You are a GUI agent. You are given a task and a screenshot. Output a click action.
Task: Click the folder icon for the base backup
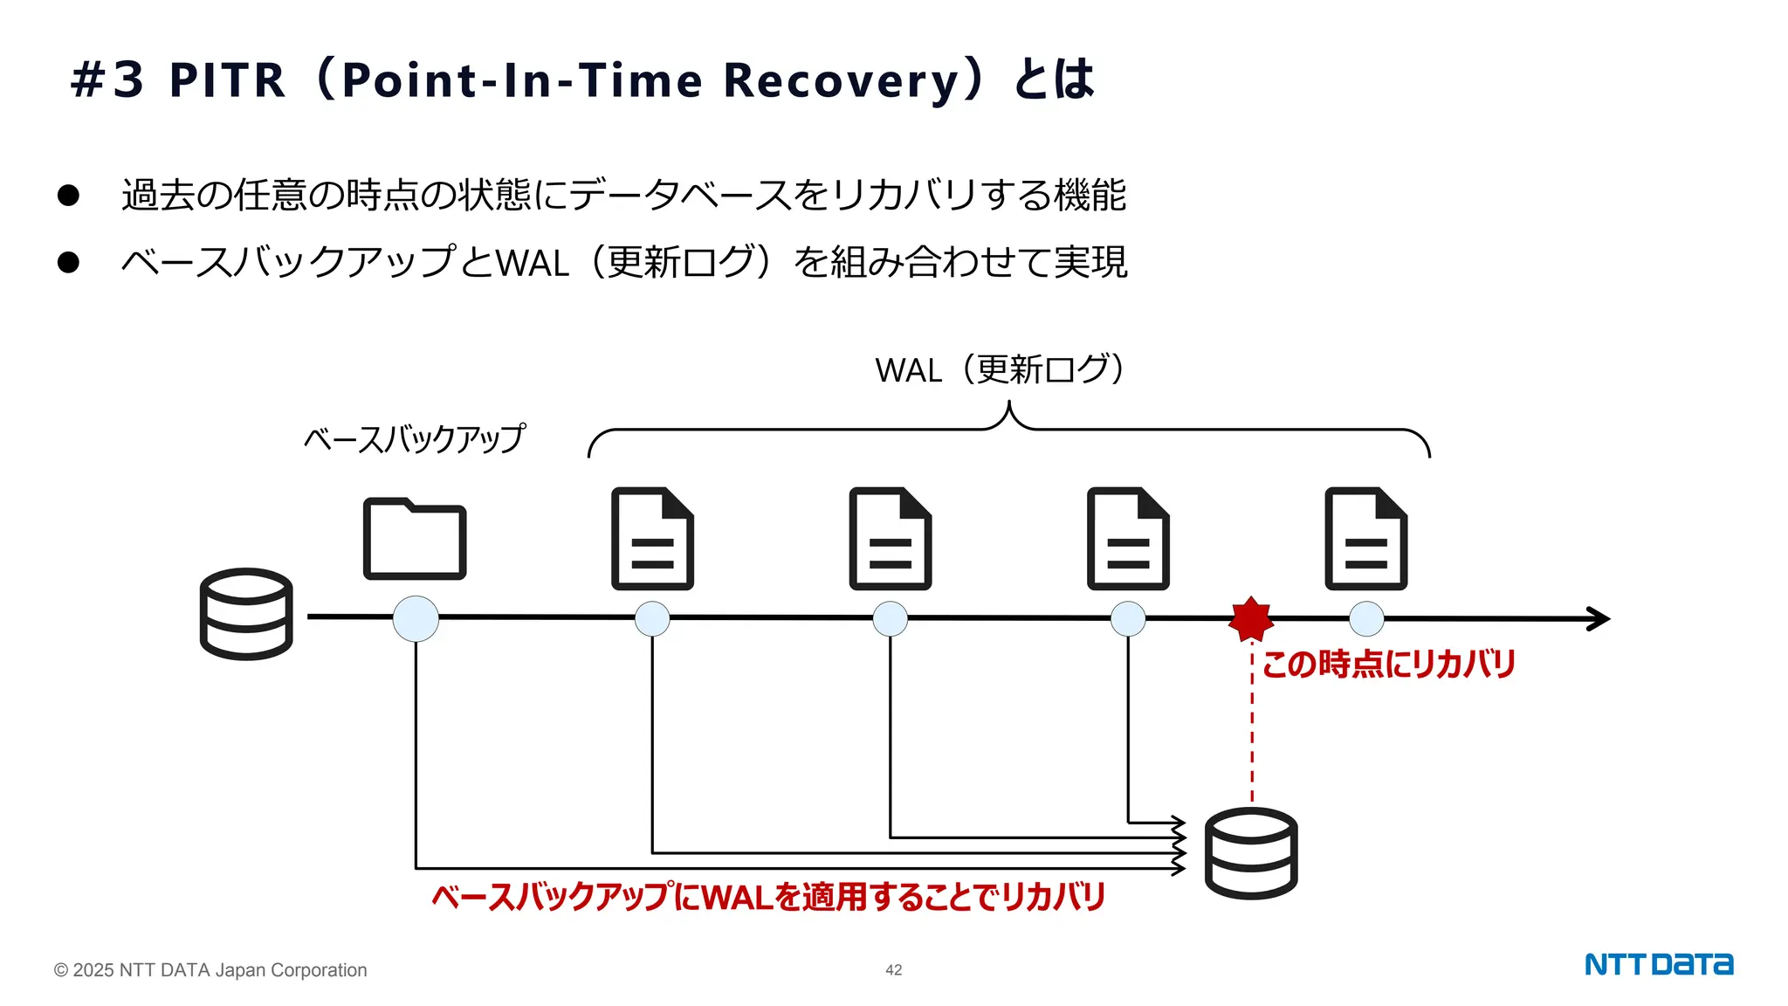(x=415, y=539)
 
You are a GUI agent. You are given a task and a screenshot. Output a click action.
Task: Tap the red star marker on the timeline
(x=1251, y=618)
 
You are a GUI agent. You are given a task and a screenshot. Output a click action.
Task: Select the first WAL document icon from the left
(x=652, y=539)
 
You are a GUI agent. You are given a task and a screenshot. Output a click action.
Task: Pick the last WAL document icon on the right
(x=1365, y=539)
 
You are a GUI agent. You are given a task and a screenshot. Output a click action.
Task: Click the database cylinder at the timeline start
(x=246, y=613)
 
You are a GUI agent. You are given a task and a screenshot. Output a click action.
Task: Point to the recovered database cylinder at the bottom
(x=1250, y=853)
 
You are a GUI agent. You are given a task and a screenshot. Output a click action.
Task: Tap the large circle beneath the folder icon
(x=416, y=618)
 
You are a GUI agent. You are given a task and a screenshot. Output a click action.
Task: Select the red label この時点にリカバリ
(x=1388, y=665)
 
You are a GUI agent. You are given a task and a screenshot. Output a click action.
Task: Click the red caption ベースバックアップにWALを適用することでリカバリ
(x=768, y=897)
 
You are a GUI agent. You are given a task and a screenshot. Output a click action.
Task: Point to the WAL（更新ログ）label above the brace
(x=1001, y=370)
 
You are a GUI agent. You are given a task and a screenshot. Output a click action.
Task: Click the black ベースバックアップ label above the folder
(x=415, y=438)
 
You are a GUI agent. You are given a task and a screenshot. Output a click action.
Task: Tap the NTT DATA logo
(x=1659, y=964)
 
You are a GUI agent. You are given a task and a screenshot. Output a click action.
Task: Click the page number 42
(x=893, y=970)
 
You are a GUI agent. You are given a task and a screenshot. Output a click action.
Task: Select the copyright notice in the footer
(x=210, y=970)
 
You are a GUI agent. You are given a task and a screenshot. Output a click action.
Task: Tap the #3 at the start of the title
(x=107, y=80)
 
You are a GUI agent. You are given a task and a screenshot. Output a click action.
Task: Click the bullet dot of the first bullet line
(x=68, y=195)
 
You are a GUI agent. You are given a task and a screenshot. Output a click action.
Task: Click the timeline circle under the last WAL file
(x=1366, y=618)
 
